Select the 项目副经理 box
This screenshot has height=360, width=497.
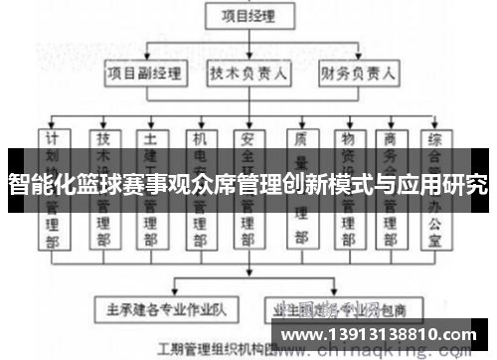(147, 74)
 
